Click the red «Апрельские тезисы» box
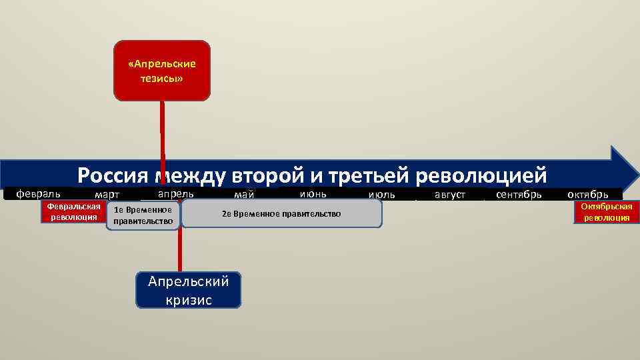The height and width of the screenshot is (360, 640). [x=162, y=71]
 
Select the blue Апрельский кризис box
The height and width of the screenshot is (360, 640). [x=188, y=290]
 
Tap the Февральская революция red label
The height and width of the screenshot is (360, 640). [x=74, y=212]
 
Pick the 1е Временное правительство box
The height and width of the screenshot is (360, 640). [x=143, y=215]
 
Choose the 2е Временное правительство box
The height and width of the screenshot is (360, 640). [x=281, y=213]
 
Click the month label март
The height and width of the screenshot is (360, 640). [x=107, y=195]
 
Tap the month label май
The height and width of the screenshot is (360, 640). [x=244, y=195]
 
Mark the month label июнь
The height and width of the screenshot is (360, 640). [x=313, y=193]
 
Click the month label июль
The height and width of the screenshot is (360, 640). [x=381, y=195]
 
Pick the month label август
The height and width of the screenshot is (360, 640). [x=450, y=195]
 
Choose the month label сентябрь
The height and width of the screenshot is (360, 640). [x=519, y=195]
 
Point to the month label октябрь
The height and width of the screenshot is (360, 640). [x=587, y=195]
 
